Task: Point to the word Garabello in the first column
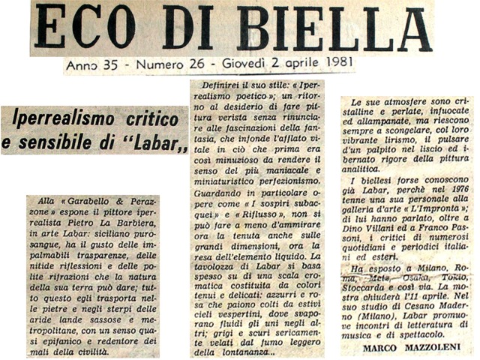pyautogui.click(x=88, y=204)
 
